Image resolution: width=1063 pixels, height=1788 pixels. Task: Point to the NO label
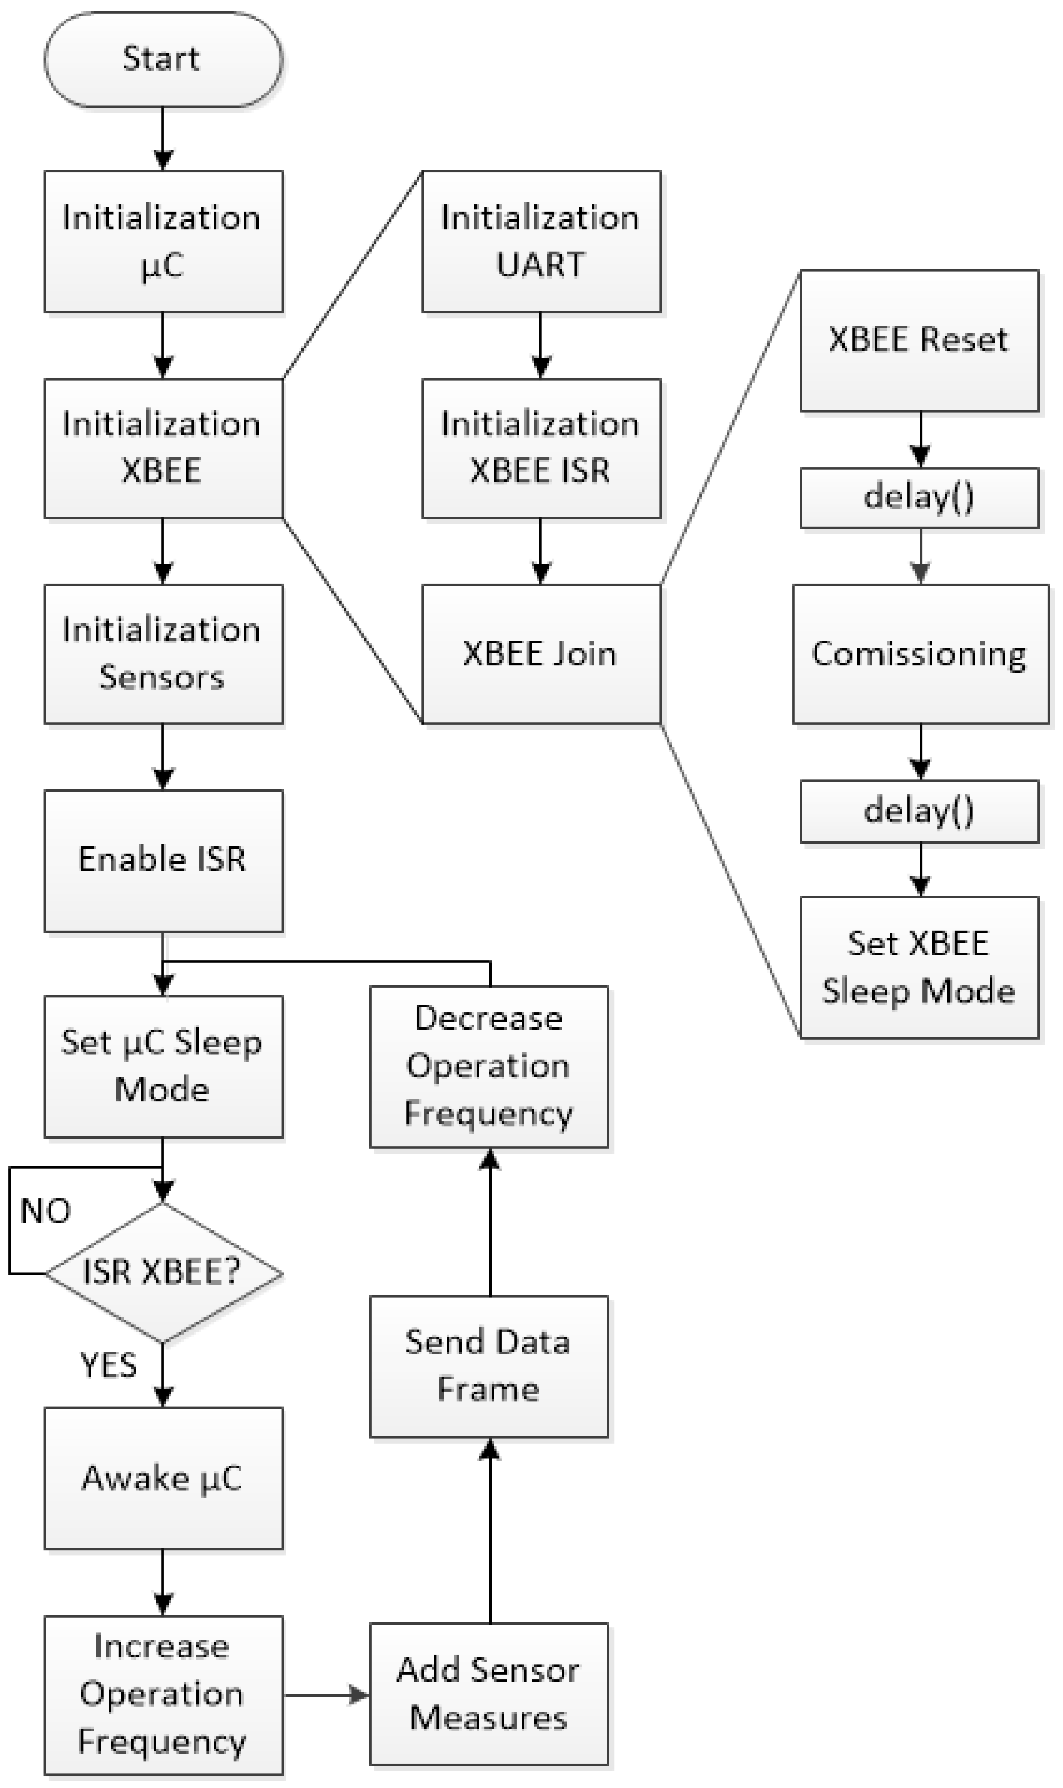pyautogui.click(x=45, y=1211)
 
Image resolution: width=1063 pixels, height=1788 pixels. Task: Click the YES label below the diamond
pyautogui.click(x=108, y=1365)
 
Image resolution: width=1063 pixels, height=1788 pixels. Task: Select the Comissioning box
pyautogui.click(x=920, y=653)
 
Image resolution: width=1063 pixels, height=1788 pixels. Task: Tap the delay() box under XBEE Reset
pyautogui.click(x=919, y=498)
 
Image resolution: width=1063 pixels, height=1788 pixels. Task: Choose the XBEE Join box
pyautogui.click(x=541, y=653)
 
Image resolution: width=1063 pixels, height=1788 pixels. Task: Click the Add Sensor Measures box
pyautogui.click(x=488, y=1694)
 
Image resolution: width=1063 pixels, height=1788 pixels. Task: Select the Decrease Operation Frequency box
pyautogui.click(x=488, y=1066)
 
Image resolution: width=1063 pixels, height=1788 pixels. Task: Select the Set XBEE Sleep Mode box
pyautogui.click(x=919, y=967)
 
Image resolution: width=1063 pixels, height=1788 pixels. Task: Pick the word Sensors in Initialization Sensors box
pyautogui.click(x=162, y=677)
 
